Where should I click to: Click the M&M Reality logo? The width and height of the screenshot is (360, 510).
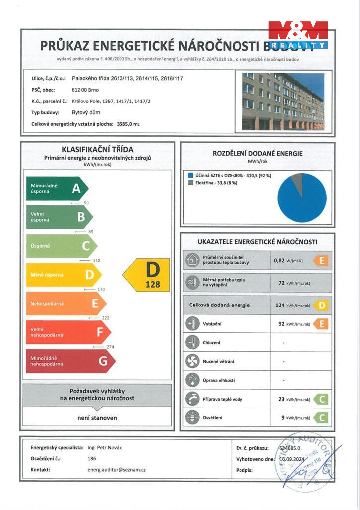(x=298, y=35)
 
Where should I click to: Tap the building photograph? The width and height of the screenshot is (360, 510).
(x=283, y=102)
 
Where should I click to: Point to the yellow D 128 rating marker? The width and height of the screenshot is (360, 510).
(x=147, y=275)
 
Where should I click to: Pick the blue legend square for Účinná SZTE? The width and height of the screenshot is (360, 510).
(x=191, y=175)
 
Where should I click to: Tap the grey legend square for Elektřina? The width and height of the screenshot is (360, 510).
(x=191, y=183)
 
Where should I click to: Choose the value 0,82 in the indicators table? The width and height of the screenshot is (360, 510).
(x=279, y=260)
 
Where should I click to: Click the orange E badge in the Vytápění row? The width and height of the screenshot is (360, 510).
(x=322, y=324)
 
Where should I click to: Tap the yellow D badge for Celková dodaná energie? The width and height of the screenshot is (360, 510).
(x=322, y=305)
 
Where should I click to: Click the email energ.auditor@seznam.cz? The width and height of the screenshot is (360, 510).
(x=117, y=469)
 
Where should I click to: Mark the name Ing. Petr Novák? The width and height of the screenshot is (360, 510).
(x=104, y=447)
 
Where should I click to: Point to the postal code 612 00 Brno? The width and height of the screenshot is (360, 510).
(x=85, y=90)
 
